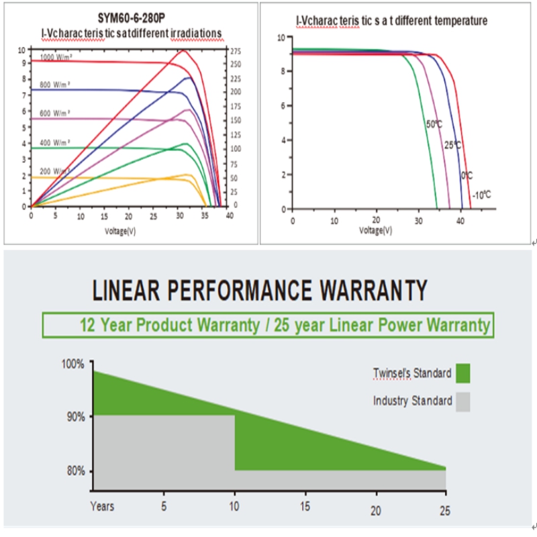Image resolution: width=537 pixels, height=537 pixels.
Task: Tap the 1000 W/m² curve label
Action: click(56, 57)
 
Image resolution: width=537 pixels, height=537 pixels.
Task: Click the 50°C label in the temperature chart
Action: click(434, 124)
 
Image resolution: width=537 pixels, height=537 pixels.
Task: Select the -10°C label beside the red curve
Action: click(481, 195)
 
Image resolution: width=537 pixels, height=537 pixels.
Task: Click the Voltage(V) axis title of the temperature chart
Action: click(376, 230)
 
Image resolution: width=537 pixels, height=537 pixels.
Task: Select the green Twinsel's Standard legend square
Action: click(462, 373)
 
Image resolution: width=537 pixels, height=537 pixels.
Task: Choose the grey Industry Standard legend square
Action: click(462, 401)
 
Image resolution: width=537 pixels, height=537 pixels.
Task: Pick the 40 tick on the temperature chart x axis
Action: click(460, 219)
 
